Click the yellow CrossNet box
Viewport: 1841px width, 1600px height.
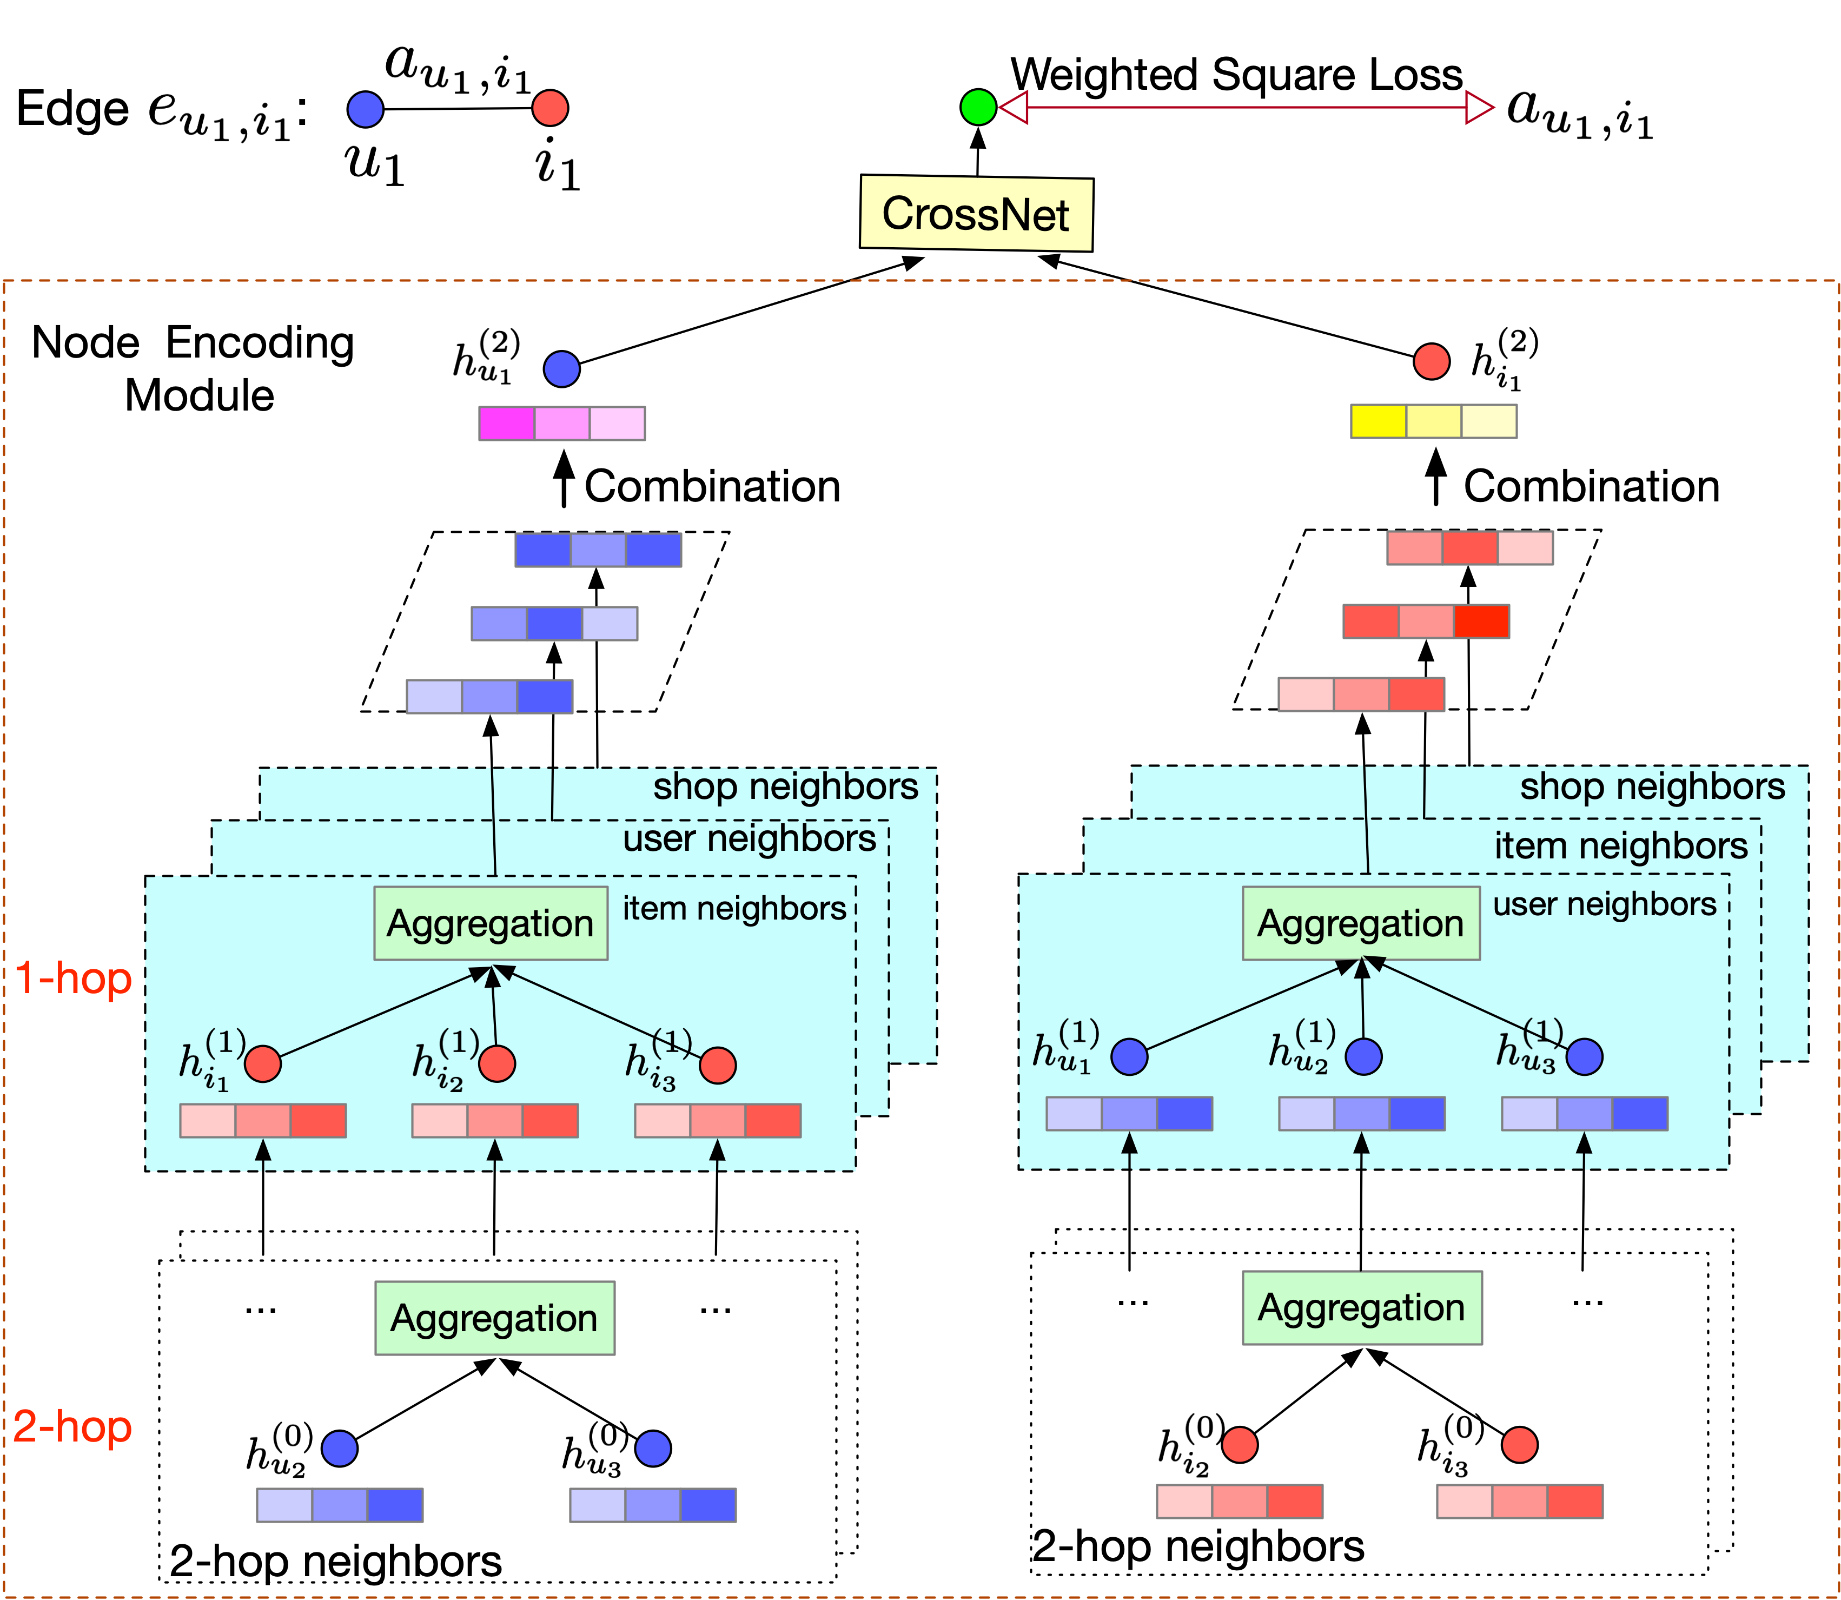976,214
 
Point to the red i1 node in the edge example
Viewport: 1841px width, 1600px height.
550,108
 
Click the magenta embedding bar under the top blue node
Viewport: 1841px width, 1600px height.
561,423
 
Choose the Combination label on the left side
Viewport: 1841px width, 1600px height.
712,487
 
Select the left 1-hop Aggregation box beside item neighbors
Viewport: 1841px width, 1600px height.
490,923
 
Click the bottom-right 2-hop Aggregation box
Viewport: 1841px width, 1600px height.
1362,1307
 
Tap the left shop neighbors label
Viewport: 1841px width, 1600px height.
785,786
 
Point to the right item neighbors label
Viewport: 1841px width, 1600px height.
1620,845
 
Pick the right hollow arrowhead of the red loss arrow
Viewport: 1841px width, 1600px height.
1479,108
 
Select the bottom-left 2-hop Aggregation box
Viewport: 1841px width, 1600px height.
494,1318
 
